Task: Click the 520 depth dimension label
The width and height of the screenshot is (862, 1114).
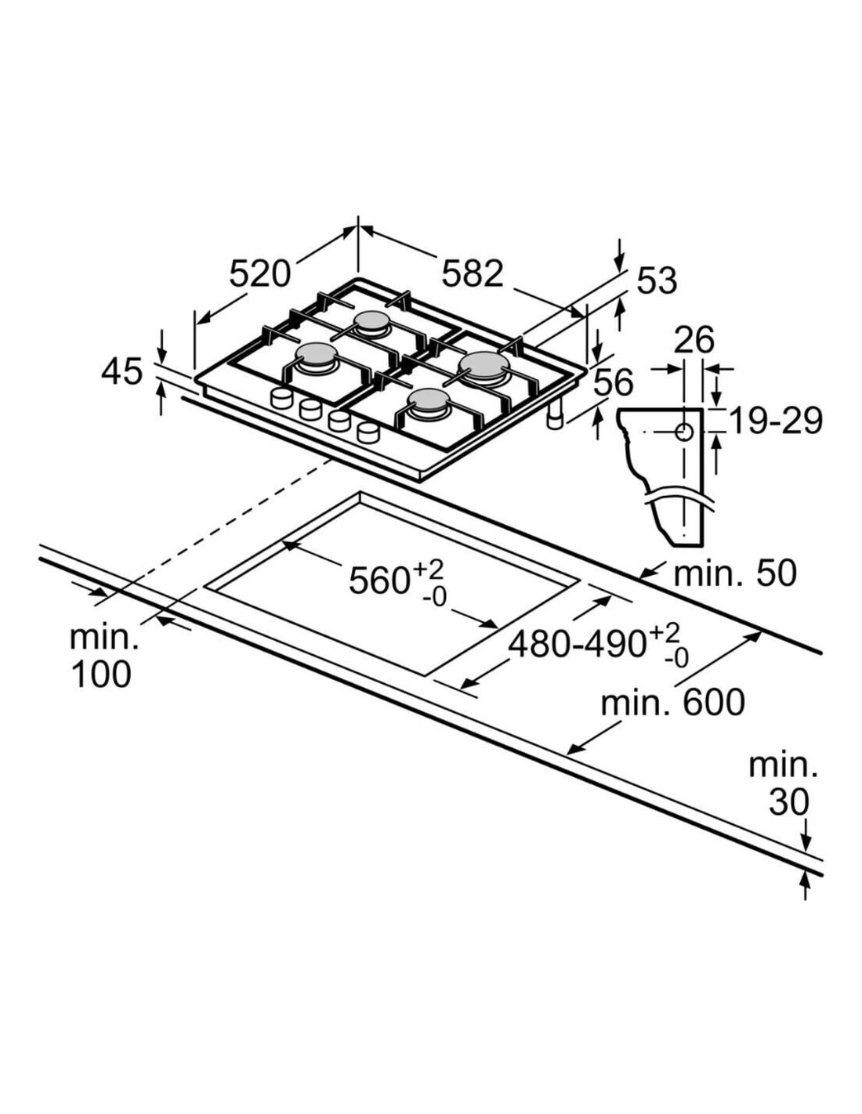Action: [259, 273]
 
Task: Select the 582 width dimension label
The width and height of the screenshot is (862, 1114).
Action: [473, 273]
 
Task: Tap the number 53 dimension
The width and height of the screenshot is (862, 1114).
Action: [657, 281]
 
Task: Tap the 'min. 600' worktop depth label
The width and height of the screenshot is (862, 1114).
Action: [672, 703]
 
